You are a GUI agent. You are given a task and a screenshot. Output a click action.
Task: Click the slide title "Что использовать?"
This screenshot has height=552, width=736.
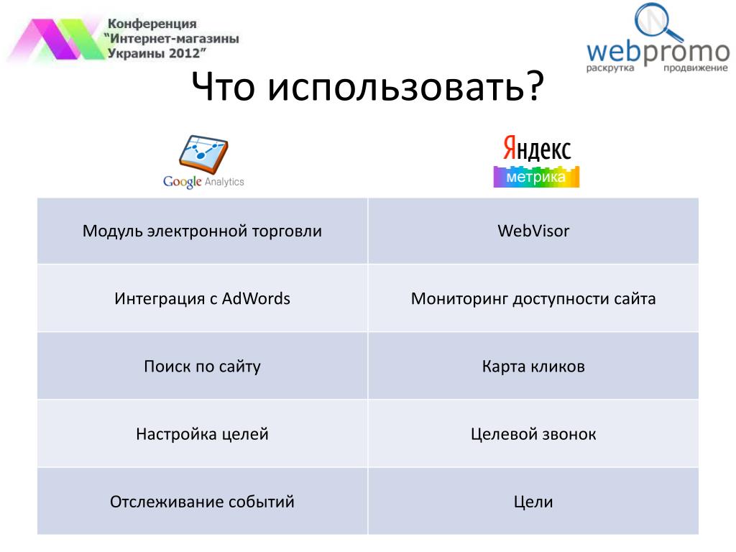367,86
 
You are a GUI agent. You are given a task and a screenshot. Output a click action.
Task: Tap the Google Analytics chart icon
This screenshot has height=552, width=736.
203,154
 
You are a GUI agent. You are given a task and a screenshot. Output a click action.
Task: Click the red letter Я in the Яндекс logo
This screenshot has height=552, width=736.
510,148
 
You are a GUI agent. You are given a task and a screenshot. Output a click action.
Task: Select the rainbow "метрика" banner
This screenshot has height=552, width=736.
536,177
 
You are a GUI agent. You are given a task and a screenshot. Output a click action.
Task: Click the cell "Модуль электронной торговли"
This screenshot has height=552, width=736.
202,231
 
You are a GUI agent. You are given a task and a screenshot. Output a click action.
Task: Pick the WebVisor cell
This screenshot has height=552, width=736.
533,231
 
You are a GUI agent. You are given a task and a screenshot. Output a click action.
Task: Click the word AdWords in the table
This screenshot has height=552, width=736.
256,298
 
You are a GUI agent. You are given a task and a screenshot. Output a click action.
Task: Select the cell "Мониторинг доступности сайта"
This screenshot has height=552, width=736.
533,298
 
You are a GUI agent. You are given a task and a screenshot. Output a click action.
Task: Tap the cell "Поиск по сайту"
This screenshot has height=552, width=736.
202,366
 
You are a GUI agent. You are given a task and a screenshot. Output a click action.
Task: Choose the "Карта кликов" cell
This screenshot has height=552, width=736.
533,366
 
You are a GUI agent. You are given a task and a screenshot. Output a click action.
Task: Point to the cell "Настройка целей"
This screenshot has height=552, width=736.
202,433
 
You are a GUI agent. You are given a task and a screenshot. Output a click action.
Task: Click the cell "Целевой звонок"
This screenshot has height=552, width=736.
533,433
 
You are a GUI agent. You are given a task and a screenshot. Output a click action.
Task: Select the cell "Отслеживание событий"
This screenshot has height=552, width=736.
202,501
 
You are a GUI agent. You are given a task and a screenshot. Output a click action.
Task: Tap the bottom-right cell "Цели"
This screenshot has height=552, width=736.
533,501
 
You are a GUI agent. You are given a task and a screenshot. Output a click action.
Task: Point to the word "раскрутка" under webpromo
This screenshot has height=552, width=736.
609,68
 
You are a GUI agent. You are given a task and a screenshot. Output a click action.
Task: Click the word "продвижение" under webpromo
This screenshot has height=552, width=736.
695,68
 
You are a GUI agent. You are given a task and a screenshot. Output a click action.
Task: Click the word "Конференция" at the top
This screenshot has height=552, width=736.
152,24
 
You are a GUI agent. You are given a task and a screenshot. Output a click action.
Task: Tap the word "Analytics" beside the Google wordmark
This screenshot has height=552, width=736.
224,182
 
